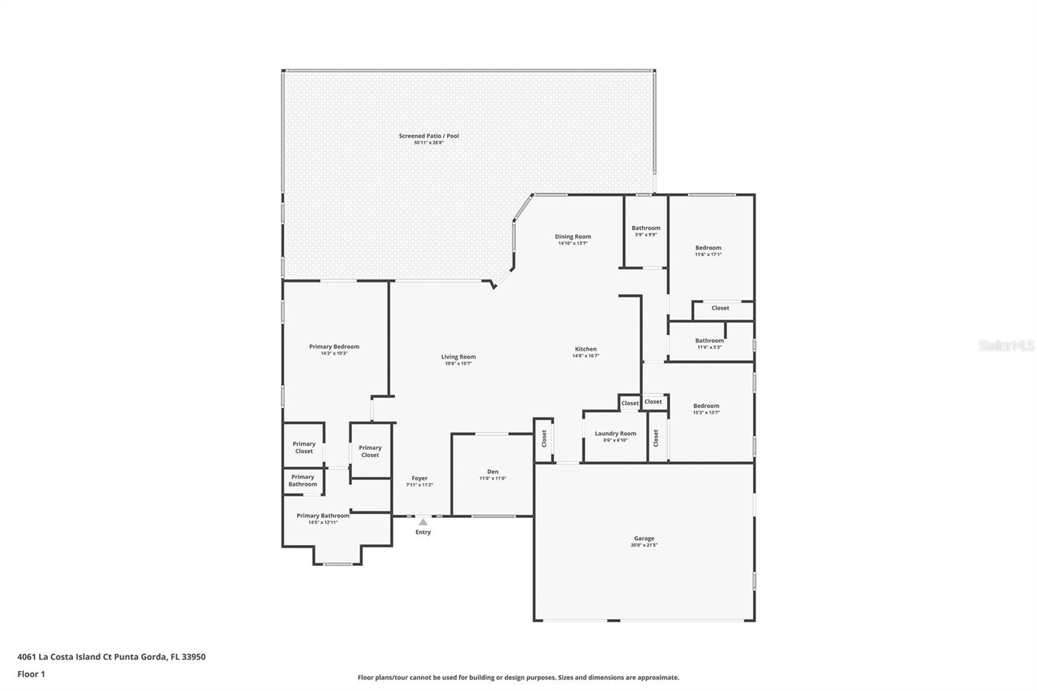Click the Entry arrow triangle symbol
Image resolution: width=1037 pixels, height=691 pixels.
423,522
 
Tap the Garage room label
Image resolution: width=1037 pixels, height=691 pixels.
644,538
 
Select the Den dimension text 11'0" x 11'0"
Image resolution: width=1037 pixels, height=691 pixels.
493,478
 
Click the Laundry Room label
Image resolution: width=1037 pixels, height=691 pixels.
615,434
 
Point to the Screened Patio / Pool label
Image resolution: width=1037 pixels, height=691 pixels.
428,136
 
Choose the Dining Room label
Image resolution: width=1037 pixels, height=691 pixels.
572,237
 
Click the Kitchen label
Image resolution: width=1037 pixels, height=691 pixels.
585,349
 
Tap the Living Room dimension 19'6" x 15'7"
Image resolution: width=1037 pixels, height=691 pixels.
458,364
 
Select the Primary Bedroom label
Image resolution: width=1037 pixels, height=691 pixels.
334,347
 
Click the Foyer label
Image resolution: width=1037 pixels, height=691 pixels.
419,478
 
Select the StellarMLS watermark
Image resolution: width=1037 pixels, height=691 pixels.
1006,345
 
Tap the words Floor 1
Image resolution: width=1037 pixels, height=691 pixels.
31,674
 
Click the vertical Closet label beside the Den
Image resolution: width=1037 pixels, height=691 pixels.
544,439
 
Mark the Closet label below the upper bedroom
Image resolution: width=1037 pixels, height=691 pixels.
720,308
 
